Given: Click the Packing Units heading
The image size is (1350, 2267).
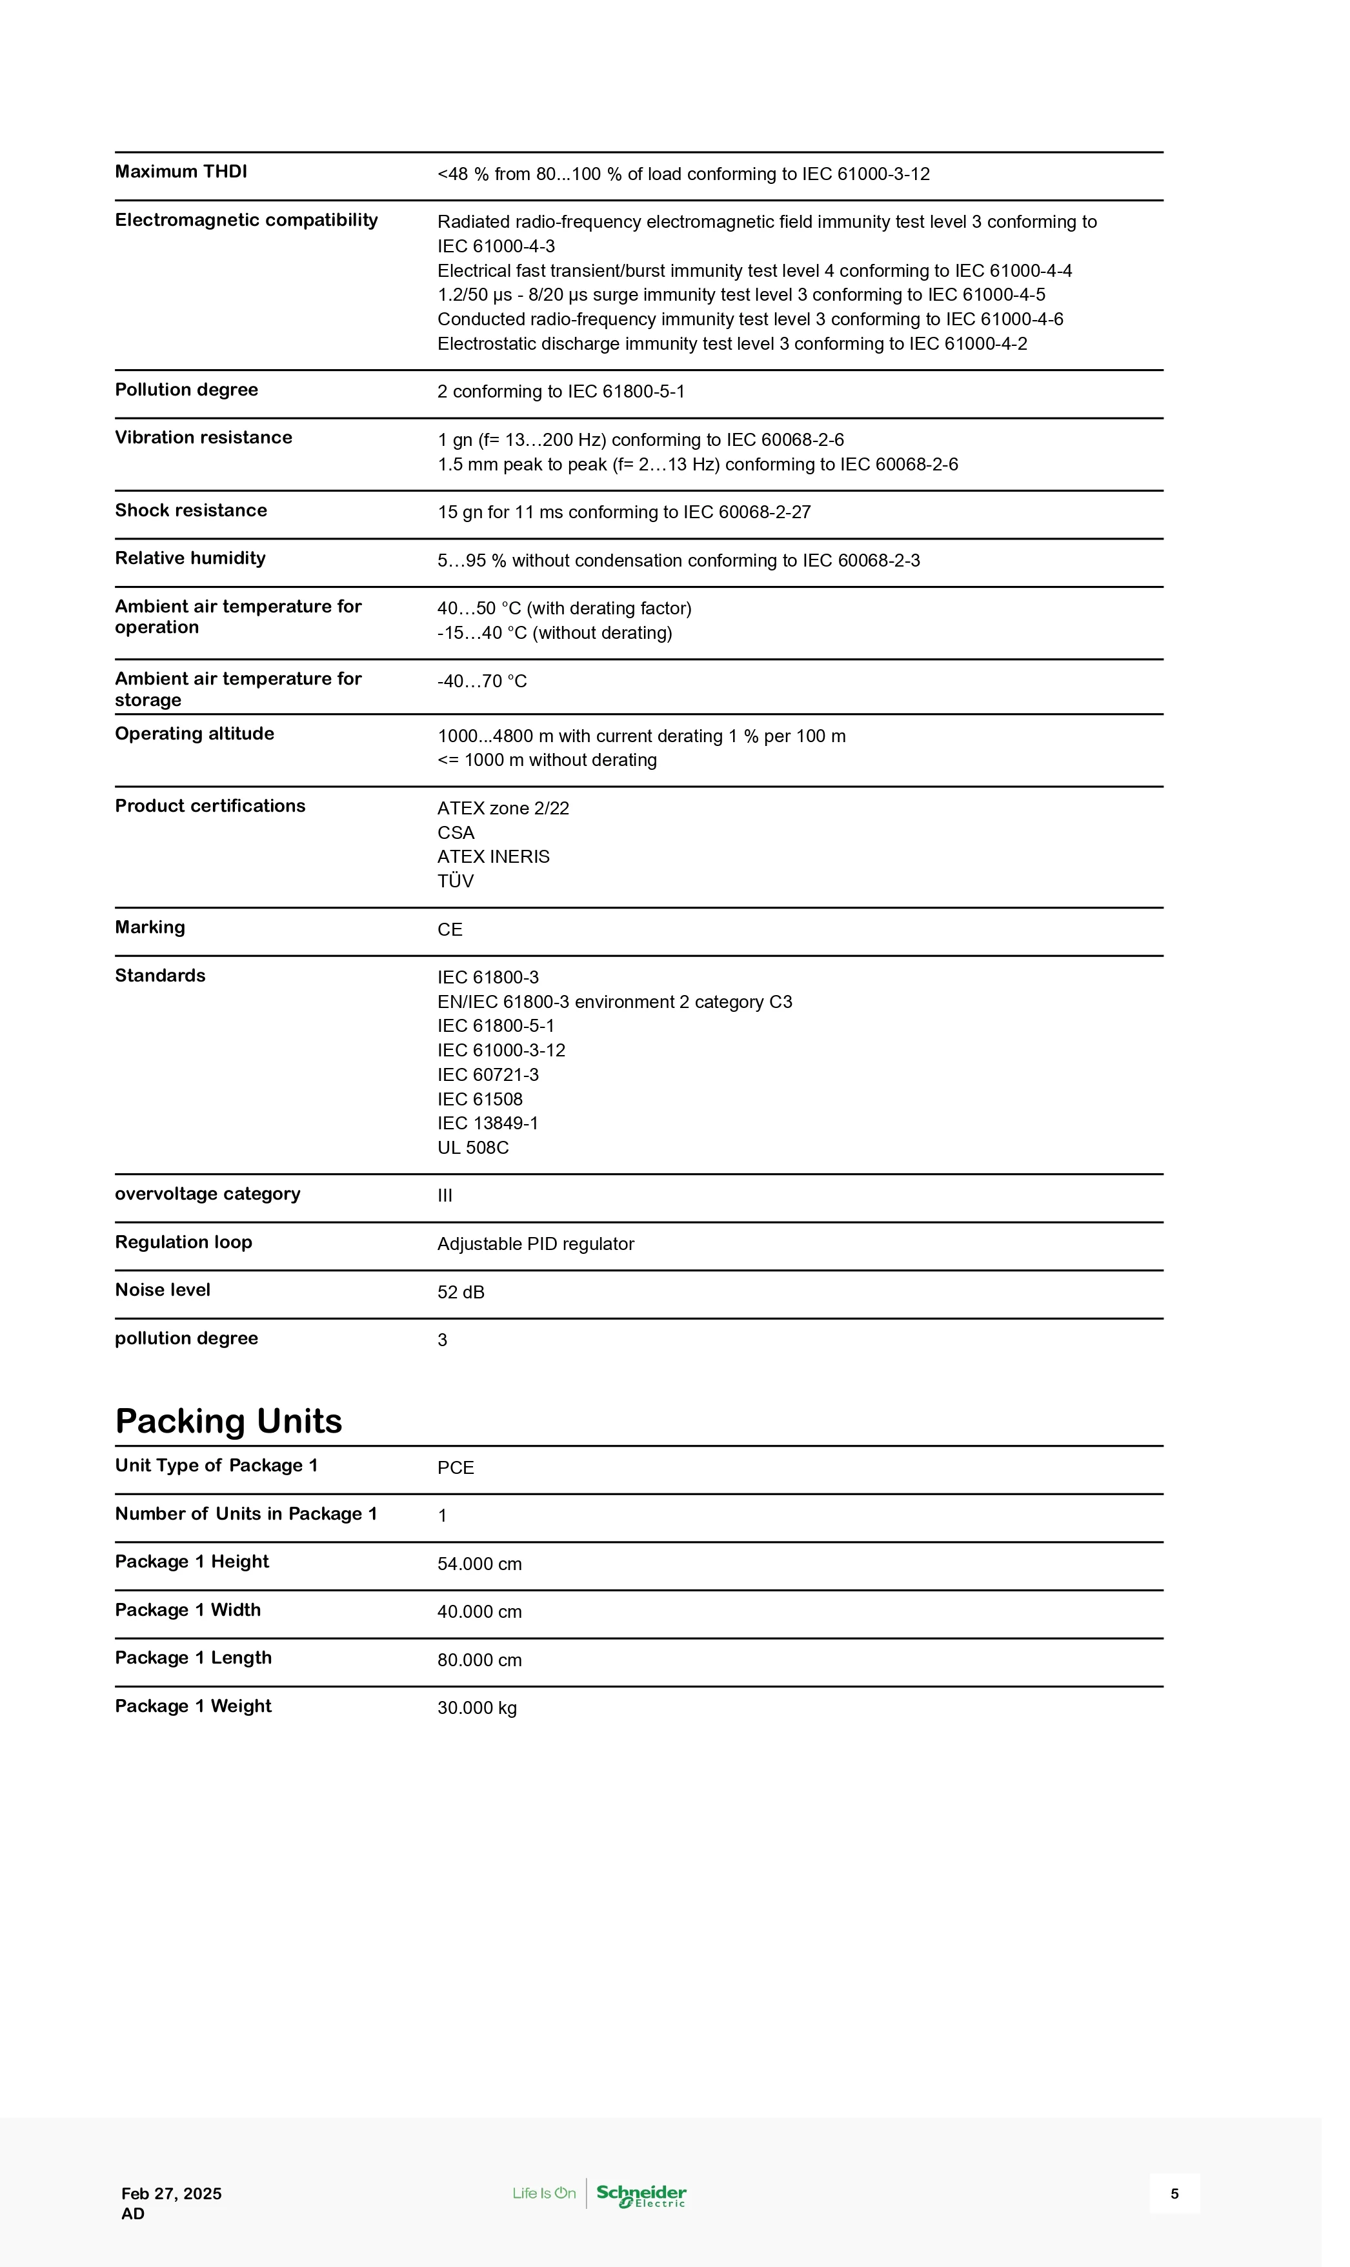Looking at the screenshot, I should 228,1421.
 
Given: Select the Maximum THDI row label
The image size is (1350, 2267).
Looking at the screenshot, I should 181,172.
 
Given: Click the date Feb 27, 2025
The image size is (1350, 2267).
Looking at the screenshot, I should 171,2193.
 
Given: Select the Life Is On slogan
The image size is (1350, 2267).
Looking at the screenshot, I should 544,2193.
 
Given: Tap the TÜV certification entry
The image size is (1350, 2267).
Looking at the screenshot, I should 455,881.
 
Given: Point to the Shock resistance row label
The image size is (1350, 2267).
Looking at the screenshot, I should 191,510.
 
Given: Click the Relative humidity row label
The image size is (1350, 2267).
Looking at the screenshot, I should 190,559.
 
